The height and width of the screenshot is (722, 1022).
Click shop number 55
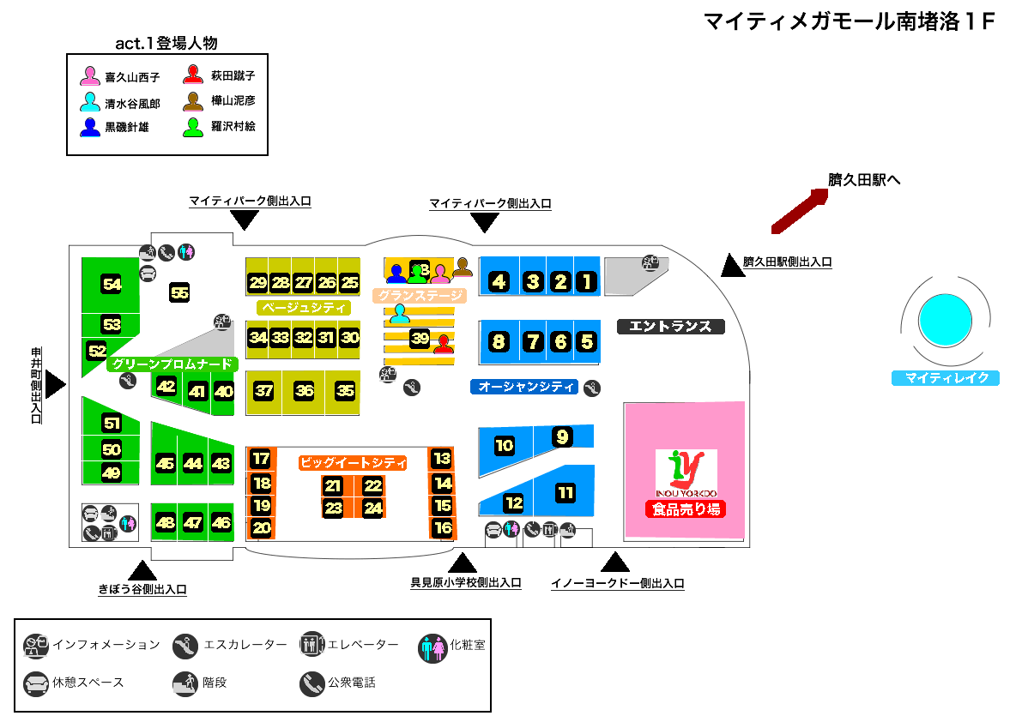179,292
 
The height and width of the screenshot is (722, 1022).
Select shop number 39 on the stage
420,338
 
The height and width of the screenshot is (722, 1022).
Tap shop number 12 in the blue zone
513,503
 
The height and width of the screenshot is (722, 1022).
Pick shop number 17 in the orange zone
261,459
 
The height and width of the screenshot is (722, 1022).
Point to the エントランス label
671,327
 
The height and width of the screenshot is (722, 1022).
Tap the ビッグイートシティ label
352,463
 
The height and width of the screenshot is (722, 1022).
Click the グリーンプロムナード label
172,364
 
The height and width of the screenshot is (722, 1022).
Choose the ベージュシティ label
304,307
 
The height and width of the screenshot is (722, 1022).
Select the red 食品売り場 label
686,509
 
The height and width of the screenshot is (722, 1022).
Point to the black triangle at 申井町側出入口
55,385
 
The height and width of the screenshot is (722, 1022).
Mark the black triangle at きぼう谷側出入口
142,570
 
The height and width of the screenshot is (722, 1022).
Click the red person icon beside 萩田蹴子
194,75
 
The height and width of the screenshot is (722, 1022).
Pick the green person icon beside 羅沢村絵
194,127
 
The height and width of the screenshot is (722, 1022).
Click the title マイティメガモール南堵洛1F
848,22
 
